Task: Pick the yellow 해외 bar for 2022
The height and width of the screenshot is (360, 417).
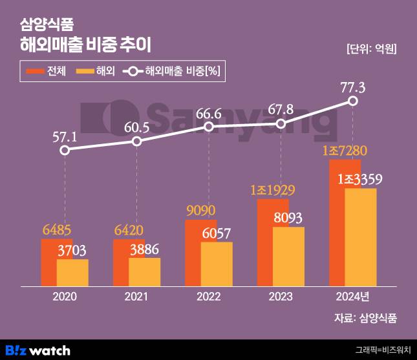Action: tap(217, 264)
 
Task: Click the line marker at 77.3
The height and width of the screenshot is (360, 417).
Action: tap(353, 101)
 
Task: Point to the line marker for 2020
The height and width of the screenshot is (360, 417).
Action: tap(64, 150)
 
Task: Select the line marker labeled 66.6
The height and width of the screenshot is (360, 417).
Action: tap(209, 127)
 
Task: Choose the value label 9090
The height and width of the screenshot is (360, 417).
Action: tap(200, 211)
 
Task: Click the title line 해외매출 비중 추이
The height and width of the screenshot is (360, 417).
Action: tap(89, 45)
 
